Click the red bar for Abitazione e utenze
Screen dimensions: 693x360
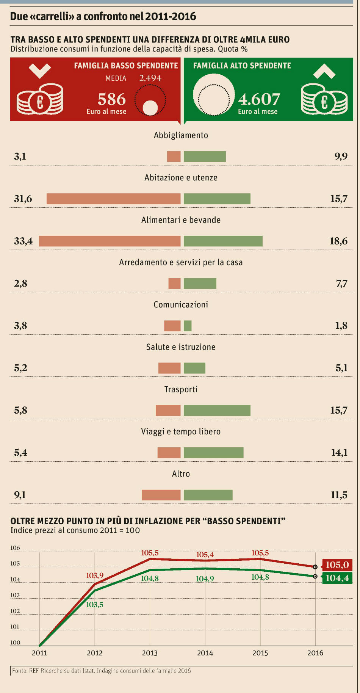click(113, 199)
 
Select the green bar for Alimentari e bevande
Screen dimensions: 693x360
click(223, 241)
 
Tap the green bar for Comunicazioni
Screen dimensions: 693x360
click(188, 326)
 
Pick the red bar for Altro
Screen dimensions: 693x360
click(161, 495)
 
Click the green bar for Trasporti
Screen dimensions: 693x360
click(217, 410)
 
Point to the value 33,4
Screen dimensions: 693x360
click(23, 241)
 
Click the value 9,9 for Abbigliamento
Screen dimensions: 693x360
click(341, 156)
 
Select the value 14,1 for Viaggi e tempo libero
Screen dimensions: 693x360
click(339, 453)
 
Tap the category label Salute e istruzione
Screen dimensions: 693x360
click(181, 347)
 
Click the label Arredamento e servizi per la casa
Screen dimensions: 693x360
click(181, 262)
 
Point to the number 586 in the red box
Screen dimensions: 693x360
click(111, 99)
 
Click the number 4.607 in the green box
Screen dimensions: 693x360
click(259, 99)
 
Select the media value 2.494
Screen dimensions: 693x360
click(150, 78)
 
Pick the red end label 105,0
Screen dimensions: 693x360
click(337, 565)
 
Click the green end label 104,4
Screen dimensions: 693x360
click(337, 578)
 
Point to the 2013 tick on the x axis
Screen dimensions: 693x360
click(150, 653)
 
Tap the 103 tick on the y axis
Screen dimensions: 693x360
click(15, 595)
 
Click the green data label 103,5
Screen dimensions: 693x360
click(94, 604)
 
